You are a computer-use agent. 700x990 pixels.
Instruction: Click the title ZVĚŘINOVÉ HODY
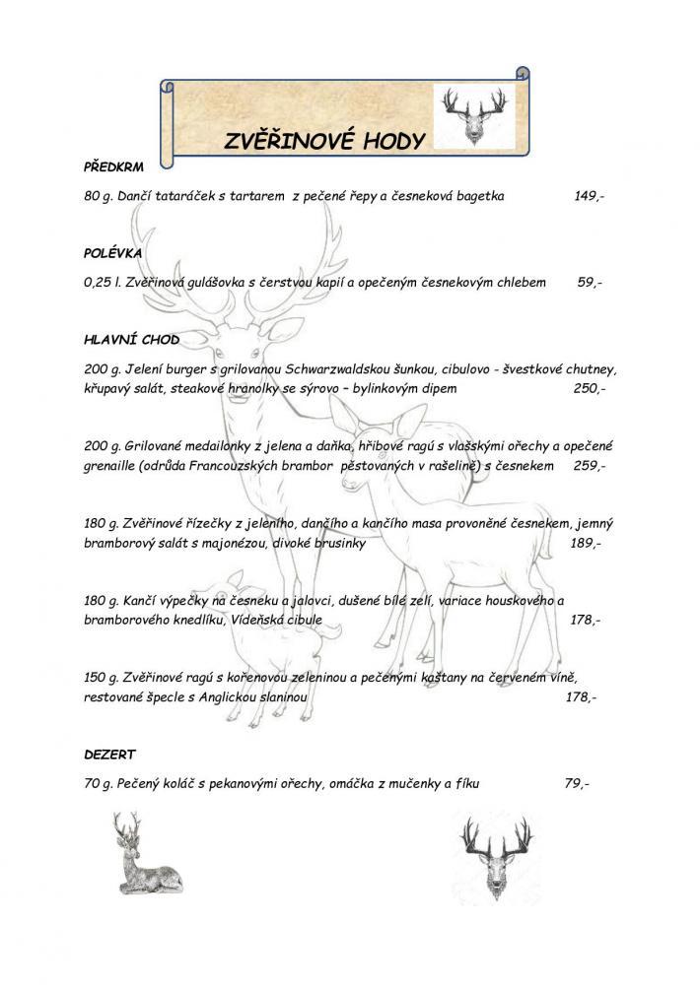(323, 140)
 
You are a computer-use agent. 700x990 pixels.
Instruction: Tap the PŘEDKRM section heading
(114, 168)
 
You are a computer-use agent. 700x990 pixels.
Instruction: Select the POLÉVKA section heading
(113, 253)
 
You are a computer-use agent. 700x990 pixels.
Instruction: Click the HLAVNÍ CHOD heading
(131, 340)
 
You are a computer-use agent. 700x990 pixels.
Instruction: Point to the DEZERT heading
(109, 754)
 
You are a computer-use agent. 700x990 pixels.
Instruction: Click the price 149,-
(589, 196)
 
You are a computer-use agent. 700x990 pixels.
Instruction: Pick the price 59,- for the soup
(589, 282)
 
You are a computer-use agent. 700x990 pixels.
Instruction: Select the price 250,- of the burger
(589, 388)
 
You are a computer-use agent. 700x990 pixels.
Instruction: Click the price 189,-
(585, 543)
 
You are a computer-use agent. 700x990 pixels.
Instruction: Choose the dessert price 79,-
(577, 783)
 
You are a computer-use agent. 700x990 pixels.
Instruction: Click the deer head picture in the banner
(473, 114)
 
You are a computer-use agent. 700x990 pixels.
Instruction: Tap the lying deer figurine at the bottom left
(144, 852)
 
